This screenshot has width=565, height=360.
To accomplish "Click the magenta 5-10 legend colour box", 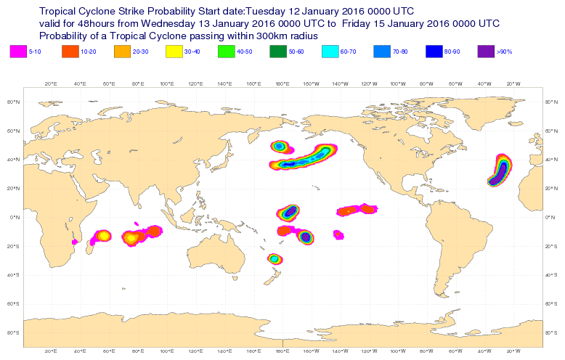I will click(x=17, y=52).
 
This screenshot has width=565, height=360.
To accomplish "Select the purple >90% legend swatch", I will click(x=486, y=52).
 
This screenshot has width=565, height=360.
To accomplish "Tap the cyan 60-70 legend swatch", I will click(x=330, y=52).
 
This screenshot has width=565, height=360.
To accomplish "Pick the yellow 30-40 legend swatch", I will click(x=174, y=52).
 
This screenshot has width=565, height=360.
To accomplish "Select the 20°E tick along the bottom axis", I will click(x=51, y=351).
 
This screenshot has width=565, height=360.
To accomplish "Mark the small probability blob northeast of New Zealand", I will click(x=275, y=258).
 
